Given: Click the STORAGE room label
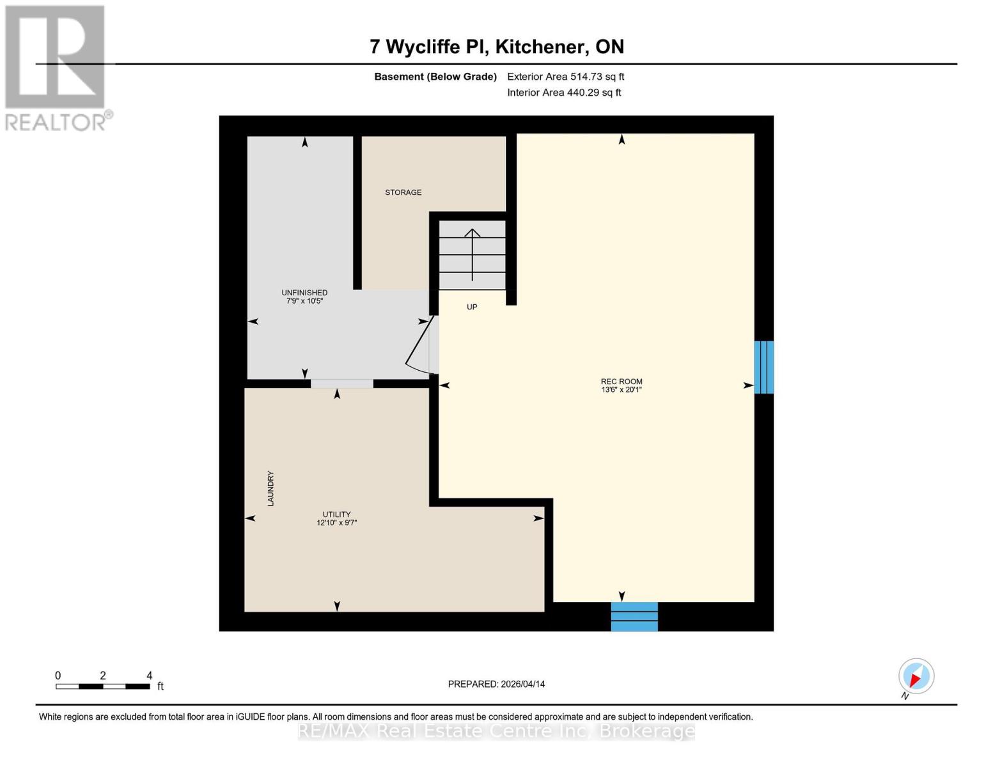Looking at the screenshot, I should (403, 192).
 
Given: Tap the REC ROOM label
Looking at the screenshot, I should (622, 382).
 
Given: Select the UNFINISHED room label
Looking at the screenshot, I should (304, 293).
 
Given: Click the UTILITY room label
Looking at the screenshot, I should (336, 515).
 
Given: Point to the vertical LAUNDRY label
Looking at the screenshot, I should (270, 489).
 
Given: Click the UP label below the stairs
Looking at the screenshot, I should (472, 307).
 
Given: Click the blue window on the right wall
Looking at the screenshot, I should (763, 367).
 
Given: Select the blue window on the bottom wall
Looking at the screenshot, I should (634, 617).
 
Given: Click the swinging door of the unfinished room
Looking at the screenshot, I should (419, 345).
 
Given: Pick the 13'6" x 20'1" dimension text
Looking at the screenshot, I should (622, 390).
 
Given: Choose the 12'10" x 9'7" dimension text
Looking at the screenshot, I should (336, 523).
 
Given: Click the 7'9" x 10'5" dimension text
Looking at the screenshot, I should (304, 301).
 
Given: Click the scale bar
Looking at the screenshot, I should (102, 686).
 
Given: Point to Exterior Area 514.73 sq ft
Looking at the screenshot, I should (565, 77).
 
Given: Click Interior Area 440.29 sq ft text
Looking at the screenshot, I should (564, 93).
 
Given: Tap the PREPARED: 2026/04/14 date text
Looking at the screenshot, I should (496, 684).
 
